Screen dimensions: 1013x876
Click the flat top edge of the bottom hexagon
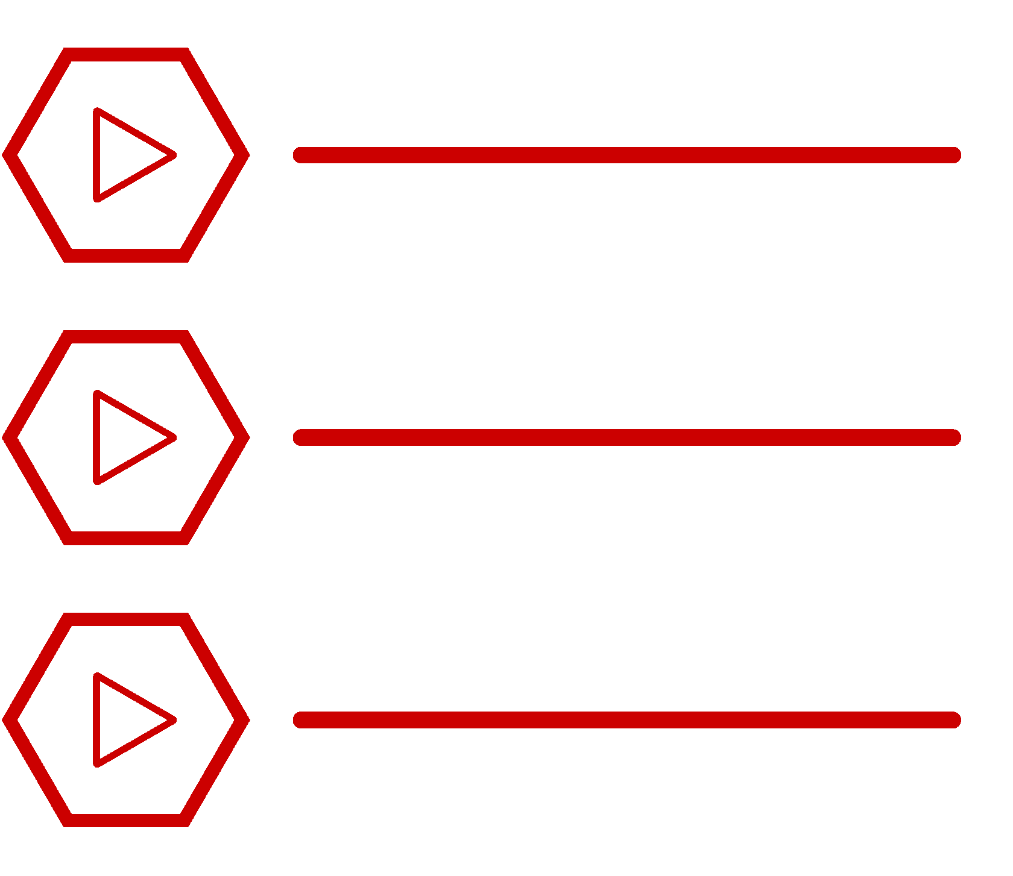(126, 619)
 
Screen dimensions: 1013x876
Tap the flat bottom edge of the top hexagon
(126, 255)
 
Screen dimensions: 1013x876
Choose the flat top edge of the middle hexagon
(126, 337)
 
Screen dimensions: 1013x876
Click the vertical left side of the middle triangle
(96, 437)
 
